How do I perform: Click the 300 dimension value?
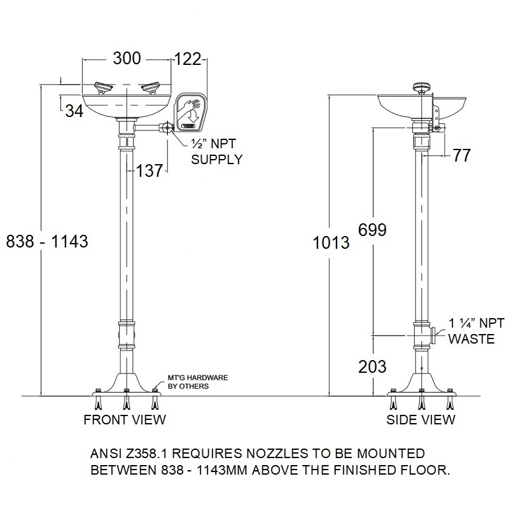click(x=127, y=59)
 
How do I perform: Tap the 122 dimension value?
click(x=188, y=59)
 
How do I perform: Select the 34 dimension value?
click(x=74, y=111)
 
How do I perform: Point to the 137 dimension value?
click(x=149, y=171)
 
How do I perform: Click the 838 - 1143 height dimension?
click(x=47, y=242)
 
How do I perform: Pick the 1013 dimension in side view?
click(x=331, y=243)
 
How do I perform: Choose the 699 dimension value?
click(x=372, y=230)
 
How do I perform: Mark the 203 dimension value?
click(x=372, y=367)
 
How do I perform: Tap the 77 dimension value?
click(x=462, y=155)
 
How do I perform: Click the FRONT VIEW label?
click(x=125, y=420)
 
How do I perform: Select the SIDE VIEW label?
click(x=421, y=420)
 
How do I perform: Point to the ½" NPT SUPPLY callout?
click(x=216, y=151)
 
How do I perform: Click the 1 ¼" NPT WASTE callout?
click(x=476, y=331)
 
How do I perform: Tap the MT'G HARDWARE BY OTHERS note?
click(x=198, y=382)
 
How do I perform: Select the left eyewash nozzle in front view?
click(x=102, y=88)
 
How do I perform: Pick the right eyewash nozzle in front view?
click(x=151, y=88)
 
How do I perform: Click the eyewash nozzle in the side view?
click(x=421, y=88)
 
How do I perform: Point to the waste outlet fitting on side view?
click(x=433, y=335)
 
